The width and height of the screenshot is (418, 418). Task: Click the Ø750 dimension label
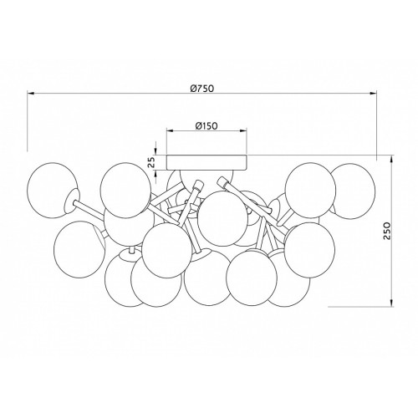[x=202, y=89]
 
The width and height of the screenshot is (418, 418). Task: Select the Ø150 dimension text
[x=206, y=126]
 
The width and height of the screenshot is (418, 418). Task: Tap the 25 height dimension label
[x=151, y=162]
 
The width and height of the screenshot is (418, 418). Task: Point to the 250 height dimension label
[x=385, y=231]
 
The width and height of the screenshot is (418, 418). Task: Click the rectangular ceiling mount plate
[x=206, y=162]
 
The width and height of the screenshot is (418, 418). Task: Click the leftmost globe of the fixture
[x=52, y=190]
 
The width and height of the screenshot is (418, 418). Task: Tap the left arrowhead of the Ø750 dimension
[x=31, y=94]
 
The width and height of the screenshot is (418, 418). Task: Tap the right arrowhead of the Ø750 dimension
[x=373, y=94]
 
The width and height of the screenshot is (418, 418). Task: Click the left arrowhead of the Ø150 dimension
[x=170, y=130]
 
